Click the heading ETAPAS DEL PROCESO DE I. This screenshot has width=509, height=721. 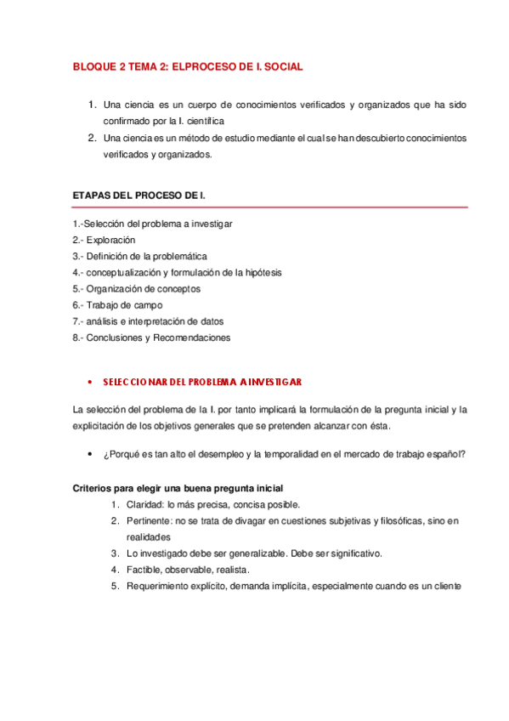click(x=139, y=196)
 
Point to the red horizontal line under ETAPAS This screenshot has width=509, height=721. click(x=270, y=207)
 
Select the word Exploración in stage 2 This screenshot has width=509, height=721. click(x=110, y=240)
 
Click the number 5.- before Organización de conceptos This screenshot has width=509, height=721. click(x=78, y=288)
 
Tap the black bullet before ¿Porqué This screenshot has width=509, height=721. click(x=89, y=455)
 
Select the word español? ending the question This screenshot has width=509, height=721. click(x=447, y=455)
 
